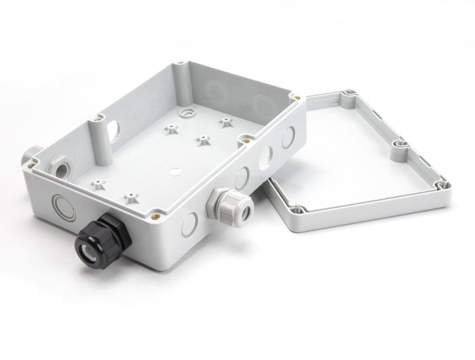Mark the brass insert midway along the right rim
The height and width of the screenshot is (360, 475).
point(242,141)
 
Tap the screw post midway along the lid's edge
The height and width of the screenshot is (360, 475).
point(399,143)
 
